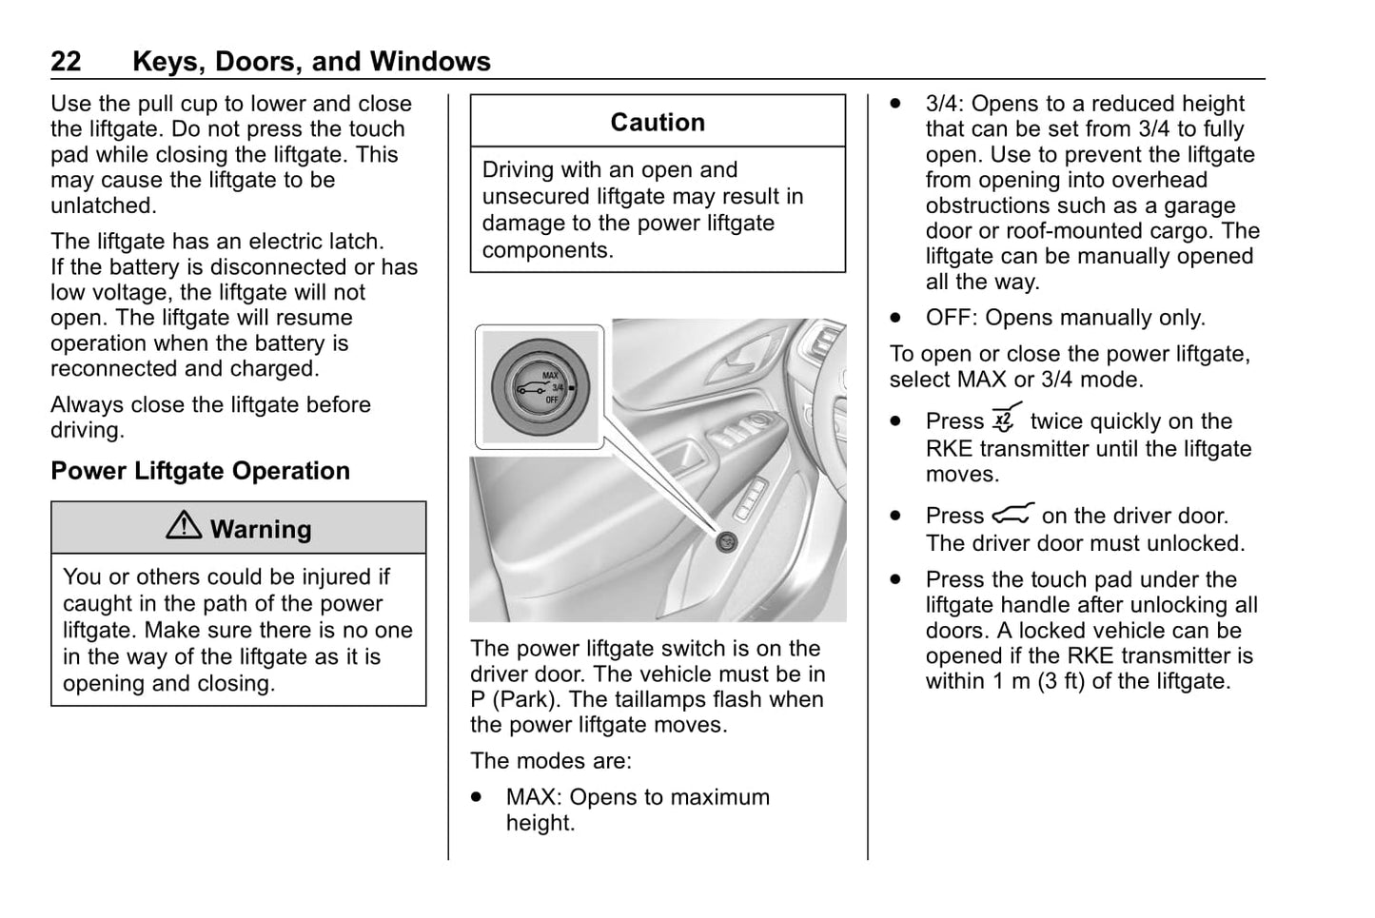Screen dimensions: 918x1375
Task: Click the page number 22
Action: (66, 62)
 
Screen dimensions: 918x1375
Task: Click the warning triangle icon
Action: (184, 527)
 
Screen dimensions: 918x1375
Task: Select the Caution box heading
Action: (658, 123)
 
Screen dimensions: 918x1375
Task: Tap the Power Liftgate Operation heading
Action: (200, 471)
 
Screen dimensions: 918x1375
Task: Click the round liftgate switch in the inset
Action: (540, 386)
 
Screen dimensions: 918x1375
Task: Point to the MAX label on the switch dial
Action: (551, 375)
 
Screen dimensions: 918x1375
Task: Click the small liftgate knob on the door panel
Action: (727, 541)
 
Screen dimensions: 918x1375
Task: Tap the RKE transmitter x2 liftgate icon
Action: (1006, 419)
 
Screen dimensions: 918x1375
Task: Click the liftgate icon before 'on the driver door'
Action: (1012, 515)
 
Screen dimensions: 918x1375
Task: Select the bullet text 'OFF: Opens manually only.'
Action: (1065, 318)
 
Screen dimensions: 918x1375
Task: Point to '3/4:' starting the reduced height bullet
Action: (944, 104)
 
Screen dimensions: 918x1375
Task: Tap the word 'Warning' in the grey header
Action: (261, 529)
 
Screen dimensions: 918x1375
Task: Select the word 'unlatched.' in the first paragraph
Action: (104, 205)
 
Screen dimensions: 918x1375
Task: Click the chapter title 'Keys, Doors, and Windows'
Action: (311, 62)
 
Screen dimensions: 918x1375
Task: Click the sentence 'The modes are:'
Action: (550, 761)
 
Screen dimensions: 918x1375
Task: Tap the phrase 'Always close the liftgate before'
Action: (210, 404)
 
